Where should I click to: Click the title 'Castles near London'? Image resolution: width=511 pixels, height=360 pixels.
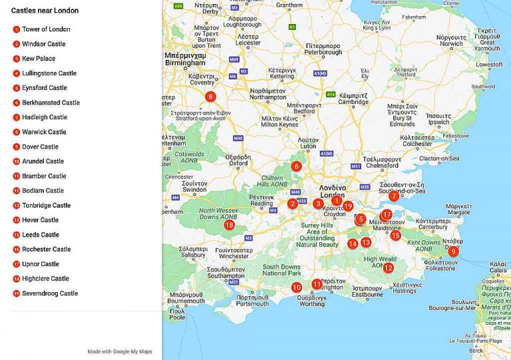[x=45, y=11]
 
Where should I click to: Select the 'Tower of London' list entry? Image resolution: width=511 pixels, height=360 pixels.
[x=46, y=29]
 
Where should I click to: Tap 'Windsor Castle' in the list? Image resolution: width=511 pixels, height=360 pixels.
[x=43, y=44]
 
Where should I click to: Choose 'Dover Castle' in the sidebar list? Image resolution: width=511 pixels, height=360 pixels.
[x=40, y=146]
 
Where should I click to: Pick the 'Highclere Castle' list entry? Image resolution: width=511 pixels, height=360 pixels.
[x=45, y=279]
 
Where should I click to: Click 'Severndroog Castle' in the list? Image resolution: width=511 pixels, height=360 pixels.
[x=50, y=293]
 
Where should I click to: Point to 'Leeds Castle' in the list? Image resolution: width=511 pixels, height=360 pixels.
[x=41, y=235]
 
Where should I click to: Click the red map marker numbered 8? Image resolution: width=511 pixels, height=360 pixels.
[x=210, y=96]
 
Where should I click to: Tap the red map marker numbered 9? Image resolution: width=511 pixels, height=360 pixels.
[x=453, y=251]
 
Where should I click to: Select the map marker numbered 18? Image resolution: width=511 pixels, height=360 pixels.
[x=229, y=225]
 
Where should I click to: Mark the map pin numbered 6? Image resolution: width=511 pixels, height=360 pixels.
[x=296, y=166]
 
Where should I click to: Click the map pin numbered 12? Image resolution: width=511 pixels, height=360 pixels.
[x=388, y=268]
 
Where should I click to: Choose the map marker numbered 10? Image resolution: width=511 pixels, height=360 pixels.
[x=296, y=287]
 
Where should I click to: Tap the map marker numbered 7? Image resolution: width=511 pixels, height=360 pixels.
[x=394, y=196]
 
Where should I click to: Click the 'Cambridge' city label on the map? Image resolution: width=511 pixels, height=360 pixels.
[x=353, y=102]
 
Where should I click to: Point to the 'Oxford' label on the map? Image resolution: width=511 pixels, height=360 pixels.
[x=238, y=162]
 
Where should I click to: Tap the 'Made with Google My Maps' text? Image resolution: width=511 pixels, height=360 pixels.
[x=120, y=351]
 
